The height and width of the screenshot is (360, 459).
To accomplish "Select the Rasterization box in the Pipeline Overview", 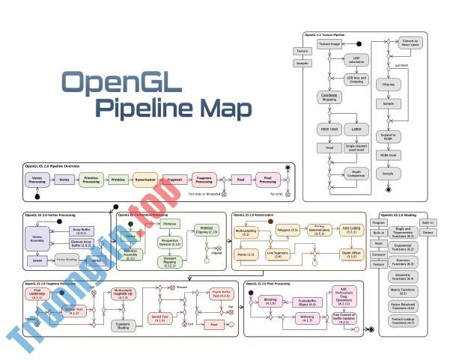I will tap(147, 180).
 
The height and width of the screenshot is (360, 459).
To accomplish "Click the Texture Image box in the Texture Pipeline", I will tap(330, 44).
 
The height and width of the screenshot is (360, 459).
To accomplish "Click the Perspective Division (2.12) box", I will tap(171, 243).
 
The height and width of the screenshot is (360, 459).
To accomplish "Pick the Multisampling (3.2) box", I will tap(250, 233).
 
